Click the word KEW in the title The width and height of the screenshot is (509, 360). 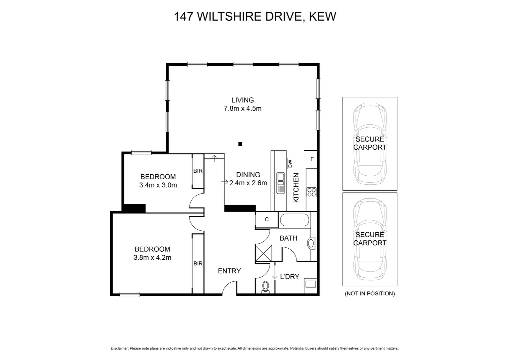[322, 16]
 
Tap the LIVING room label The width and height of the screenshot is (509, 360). [243, 100]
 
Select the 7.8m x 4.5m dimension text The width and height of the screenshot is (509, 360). [243, 108]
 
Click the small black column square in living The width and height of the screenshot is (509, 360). [240, 144]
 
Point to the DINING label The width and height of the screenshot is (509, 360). [248, 175]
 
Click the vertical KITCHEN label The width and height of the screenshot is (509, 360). [296, 188]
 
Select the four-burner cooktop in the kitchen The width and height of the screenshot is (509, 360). [311, 192]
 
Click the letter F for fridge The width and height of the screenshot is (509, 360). [312, 159]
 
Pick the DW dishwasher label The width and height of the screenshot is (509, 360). [289, 163]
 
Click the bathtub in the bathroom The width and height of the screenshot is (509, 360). [294, 221]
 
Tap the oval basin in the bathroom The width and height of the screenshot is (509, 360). [311, 243]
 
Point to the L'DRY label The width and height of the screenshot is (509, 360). [289, 276]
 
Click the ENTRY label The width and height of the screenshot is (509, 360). [229, 271]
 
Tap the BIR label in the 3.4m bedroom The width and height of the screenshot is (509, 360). [198, 171]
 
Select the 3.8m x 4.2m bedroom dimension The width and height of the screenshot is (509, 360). [152, 257]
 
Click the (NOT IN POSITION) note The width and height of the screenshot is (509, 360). [370, 294]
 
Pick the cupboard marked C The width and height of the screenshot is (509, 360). [266, 219]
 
